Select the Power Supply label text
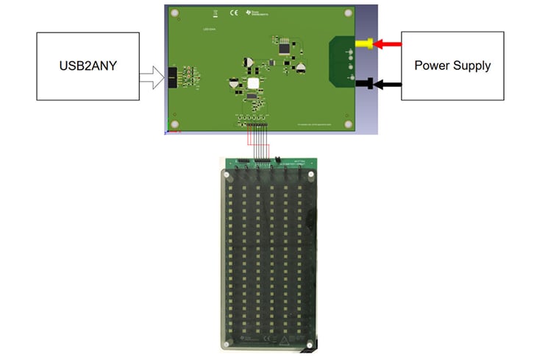pos(452,66)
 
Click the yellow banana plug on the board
pos(363,45)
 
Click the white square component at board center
pos(254,85)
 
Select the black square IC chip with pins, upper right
pos(284,47)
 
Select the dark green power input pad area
pos(343,61)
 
